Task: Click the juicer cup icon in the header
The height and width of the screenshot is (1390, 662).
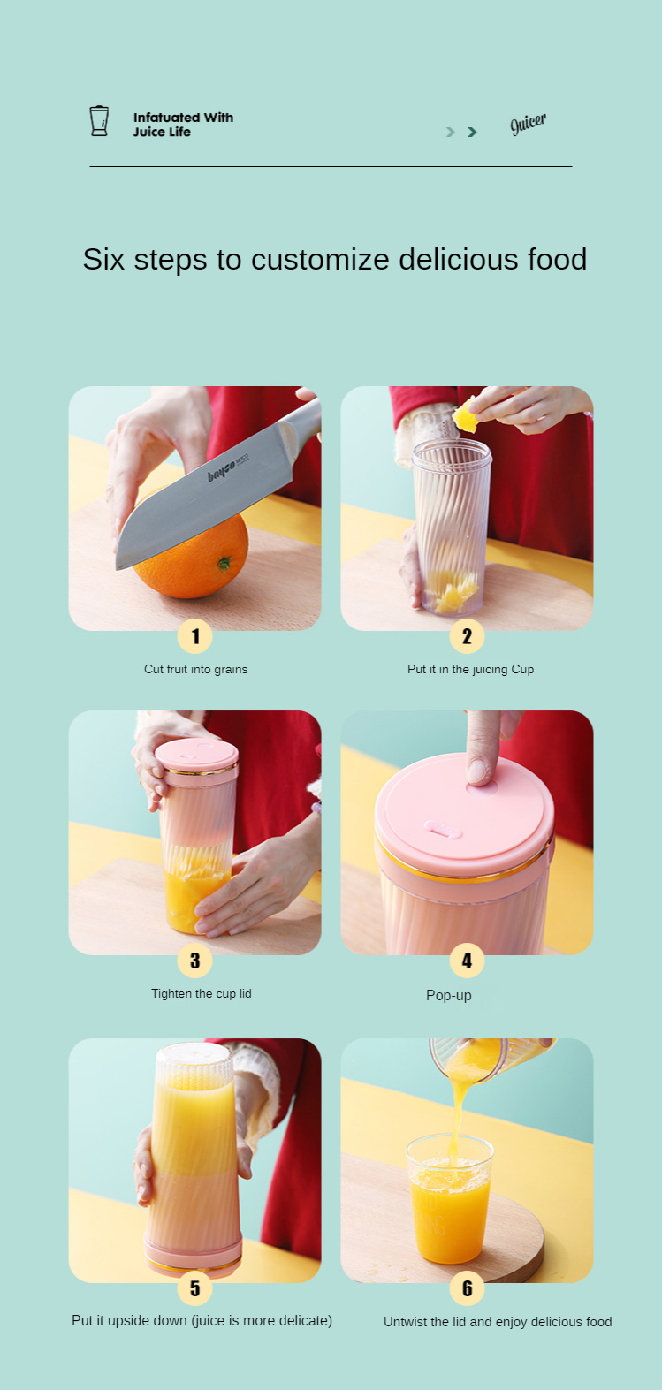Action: point(99,120)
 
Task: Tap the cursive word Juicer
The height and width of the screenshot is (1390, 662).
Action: point(528,123)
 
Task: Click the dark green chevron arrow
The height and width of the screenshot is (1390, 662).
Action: point(472,132)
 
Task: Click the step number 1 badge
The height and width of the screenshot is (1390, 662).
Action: point(194,636)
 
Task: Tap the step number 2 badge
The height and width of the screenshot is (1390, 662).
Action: point(467,636)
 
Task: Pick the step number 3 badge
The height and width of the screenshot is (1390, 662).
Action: point(194,960)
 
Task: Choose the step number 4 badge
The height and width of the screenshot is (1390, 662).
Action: point(467,960)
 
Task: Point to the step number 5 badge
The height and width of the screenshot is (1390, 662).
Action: point(194,1288)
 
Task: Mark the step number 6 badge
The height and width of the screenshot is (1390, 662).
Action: point(467,1288)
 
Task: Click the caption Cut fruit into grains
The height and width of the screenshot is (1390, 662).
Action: point(196,669)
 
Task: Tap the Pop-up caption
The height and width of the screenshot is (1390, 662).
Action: point(449,995)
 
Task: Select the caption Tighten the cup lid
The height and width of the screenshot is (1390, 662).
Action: point(201,993)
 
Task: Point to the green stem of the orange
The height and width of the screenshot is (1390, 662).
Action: point(224,564)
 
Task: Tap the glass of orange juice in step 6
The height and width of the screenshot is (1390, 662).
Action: point(450,1198)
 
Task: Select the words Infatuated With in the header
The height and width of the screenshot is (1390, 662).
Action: point(183,118)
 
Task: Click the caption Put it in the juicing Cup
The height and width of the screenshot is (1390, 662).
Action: point(470,669)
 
